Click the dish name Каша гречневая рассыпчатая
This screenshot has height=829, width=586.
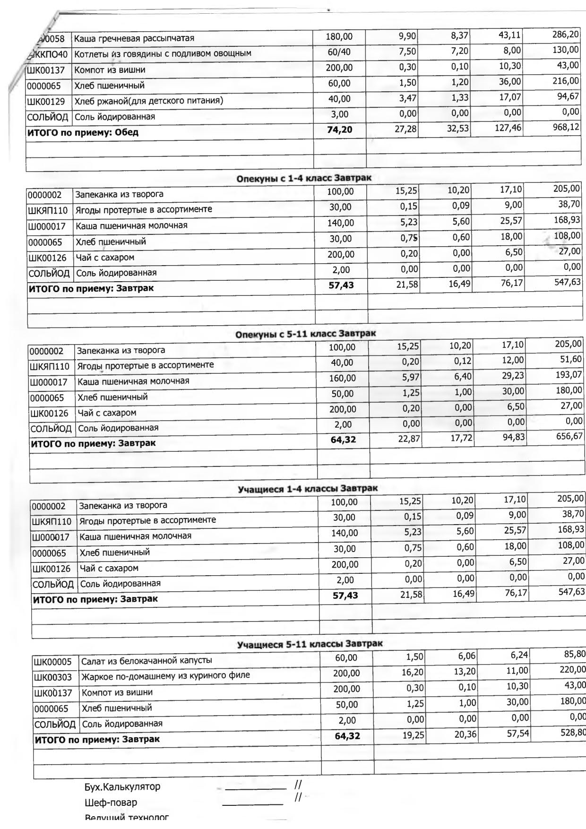pos(134,38)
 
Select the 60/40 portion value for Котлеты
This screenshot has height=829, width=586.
pos(339,52)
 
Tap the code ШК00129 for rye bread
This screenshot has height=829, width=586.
pos(46,101)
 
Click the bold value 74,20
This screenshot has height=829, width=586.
pos(339,130)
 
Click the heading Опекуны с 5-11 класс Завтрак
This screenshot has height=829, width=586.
pos(305,334)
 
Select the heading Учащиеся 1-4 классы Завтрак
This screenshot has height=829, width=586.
pos(307,488)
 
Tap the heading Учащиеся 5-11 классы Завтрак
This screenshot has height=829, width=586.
pos(310,644)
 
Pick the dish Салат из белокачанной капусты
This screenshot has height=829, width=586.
pos(146,660)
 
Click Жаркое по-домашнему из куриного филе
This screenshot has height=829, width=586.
pos(165,676)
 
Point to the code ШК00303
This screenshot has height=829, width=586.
pos(53,677)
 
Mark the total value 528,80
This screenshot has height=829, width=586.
pos(572,732)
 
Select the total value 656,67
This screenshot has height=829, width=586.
pos(569,436)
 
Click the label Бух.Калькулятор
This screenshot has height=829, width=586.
pos(122,786)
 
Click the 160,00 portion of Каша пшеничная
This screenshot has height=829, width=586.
pos(343,378)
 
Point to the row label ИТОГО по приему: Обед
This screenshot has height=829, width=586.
pos(83,132)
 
